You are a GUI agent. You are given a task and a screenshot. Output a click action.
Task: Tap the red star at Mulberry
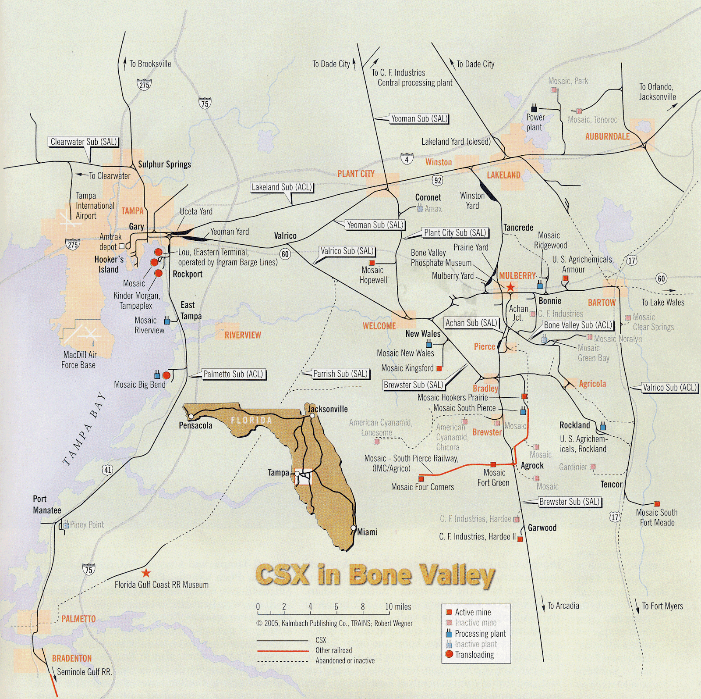pyautogui.click(x=510, y=288)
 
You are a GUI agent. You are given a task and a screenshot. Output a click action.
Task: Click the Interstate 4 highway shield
pyautogui.click(x=407, y=159)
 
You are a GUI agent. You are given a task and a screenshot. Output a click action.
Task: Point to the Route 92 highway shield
pyautogui.click(x=439, y=180)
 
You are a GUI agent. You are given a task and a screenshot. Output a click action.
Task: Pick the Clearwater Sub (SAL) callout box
pyautogui.click(x=84, y=142)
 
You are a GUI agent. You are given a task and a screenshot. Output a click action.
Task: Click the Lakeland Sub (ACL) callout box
pyautogui.click(x=282, y=187)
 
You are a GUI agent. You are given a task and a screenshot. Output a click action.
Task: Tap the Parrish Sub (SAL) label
pyautogui.click(x=340, y=374)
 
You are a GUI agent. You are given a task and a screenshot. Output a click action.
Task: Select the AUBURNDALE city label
pyautogui.click(x=607, y=136)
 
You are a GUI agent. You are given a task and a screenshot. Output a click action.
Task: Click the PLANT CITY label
pyautogui.click(x=356, y=174)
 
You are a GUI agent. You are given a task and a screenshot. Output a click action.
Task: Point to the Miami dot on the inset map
pyautogui.click(x=353, y=528)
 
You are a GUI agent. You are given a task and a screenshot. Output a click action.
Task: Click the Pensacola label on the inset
pyautogui.click(x=195, y=425)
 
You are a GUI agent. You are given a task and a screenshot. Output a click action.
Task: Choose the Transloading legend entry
pyautogui.click(x=474, y=655)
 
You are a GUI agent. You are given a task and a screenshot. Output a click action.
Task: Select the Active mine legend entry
pyautogui.click(x=472, y=612)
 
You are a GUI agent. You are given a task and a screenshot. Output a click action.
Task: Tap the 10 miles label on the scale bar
pyautogui.click(x=398, y=607)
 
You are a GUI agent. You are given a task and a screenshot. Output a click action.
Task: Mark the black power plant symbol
pyautogui.click(x=534, y=107)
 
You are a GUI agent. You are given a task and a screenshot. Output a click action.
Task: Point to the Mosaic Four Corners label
pyautogui.click(x=422, y=487)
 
